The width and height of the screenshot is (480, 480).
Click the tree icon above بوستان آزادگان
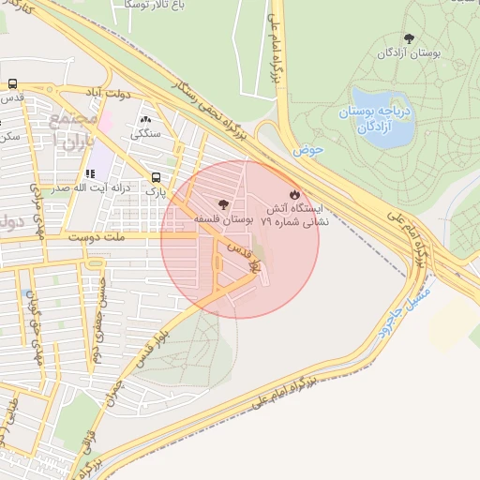click(408, 37)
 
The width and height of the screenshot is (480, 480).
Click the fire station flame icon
click(295, 193)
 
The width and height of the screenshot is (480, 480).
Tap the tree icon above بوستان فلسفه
click(222, 203)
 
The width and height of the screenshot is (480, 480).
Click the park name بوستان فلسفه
click(223, 217)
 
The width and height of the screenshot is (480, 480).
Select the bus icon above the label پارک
click(156, 176)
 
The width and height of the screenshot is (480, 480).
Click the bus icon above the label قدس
click(11, 83)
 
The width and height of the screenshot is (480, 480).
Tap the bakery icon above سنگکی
click(145, 120)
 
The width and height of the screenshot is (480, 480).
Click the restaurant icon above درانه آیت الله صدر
click(90, 173)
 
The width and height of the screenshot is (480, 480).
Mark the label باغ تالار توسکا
click(157, 5)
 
